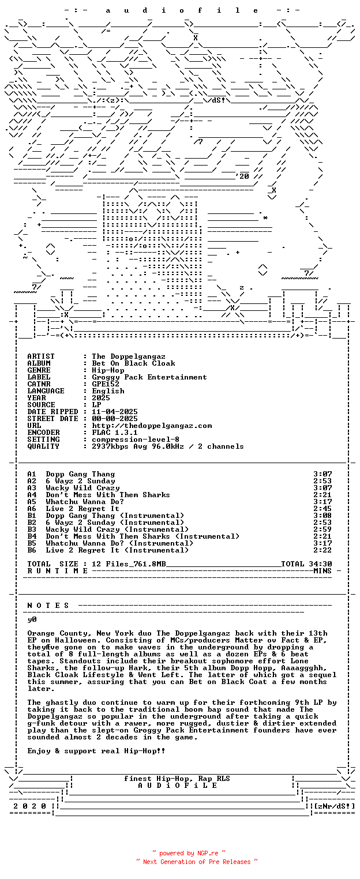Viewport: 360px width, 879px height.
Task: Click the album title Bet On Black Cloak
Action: pyautogui.click(x=133, y=363)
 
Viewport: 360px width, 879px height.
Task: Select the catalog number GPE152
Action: pyautogui.click(x=106, y=384)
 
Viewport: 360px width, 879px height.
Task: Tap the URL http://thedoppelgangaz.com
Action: pyautogui.click(x=152, y=426)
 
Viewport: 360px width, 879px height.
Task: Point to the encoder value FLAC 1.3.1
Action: pyautogui.click(x=115, y=433)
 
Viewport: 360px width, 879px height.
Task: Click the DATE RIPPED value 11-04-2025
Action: pyautogui.click(x=115, y=412)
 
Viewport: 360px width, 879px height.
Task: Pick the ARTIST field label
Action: pyautogui.click(x=41, y=356)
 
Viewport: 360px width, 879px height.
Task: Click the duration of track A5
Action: pyautogui.click(x=322, y=502)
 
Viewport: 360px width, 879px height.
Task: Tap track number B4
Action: pyautogui.click(x=32, y=536)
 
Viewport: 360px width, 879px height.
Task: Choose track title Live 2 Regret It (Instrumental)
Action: pyautogui.click(x=117, y=550)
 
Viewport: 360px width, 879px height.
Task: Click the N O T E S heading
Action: pyautogui.click(x=48, y=606)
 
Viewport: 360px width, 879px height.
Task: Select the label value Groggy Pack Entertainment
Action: pyautogui.click(x=149, y=377)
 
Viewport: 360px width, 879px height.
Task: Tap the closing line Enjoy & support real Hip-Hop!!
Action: pyautogui.click(x=96, y=751)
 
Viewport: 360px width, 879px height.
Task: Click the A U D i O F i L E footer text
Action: pyautogui.click(x=177, y=786)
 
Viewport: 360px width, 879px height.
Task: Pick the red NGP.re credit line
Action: pyautogui.click(x=189, y=853)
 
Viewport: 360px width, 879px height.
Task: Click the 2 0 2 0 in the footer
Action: pyautogui.click(x=29, y=806)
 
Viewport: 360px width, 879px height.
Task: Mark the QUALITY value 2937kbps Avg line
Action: pyautogui.click(x=168, y=446)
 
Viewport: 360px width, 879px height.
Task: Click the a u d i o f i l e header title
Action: pyautogui.click(x=182, y=10)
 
